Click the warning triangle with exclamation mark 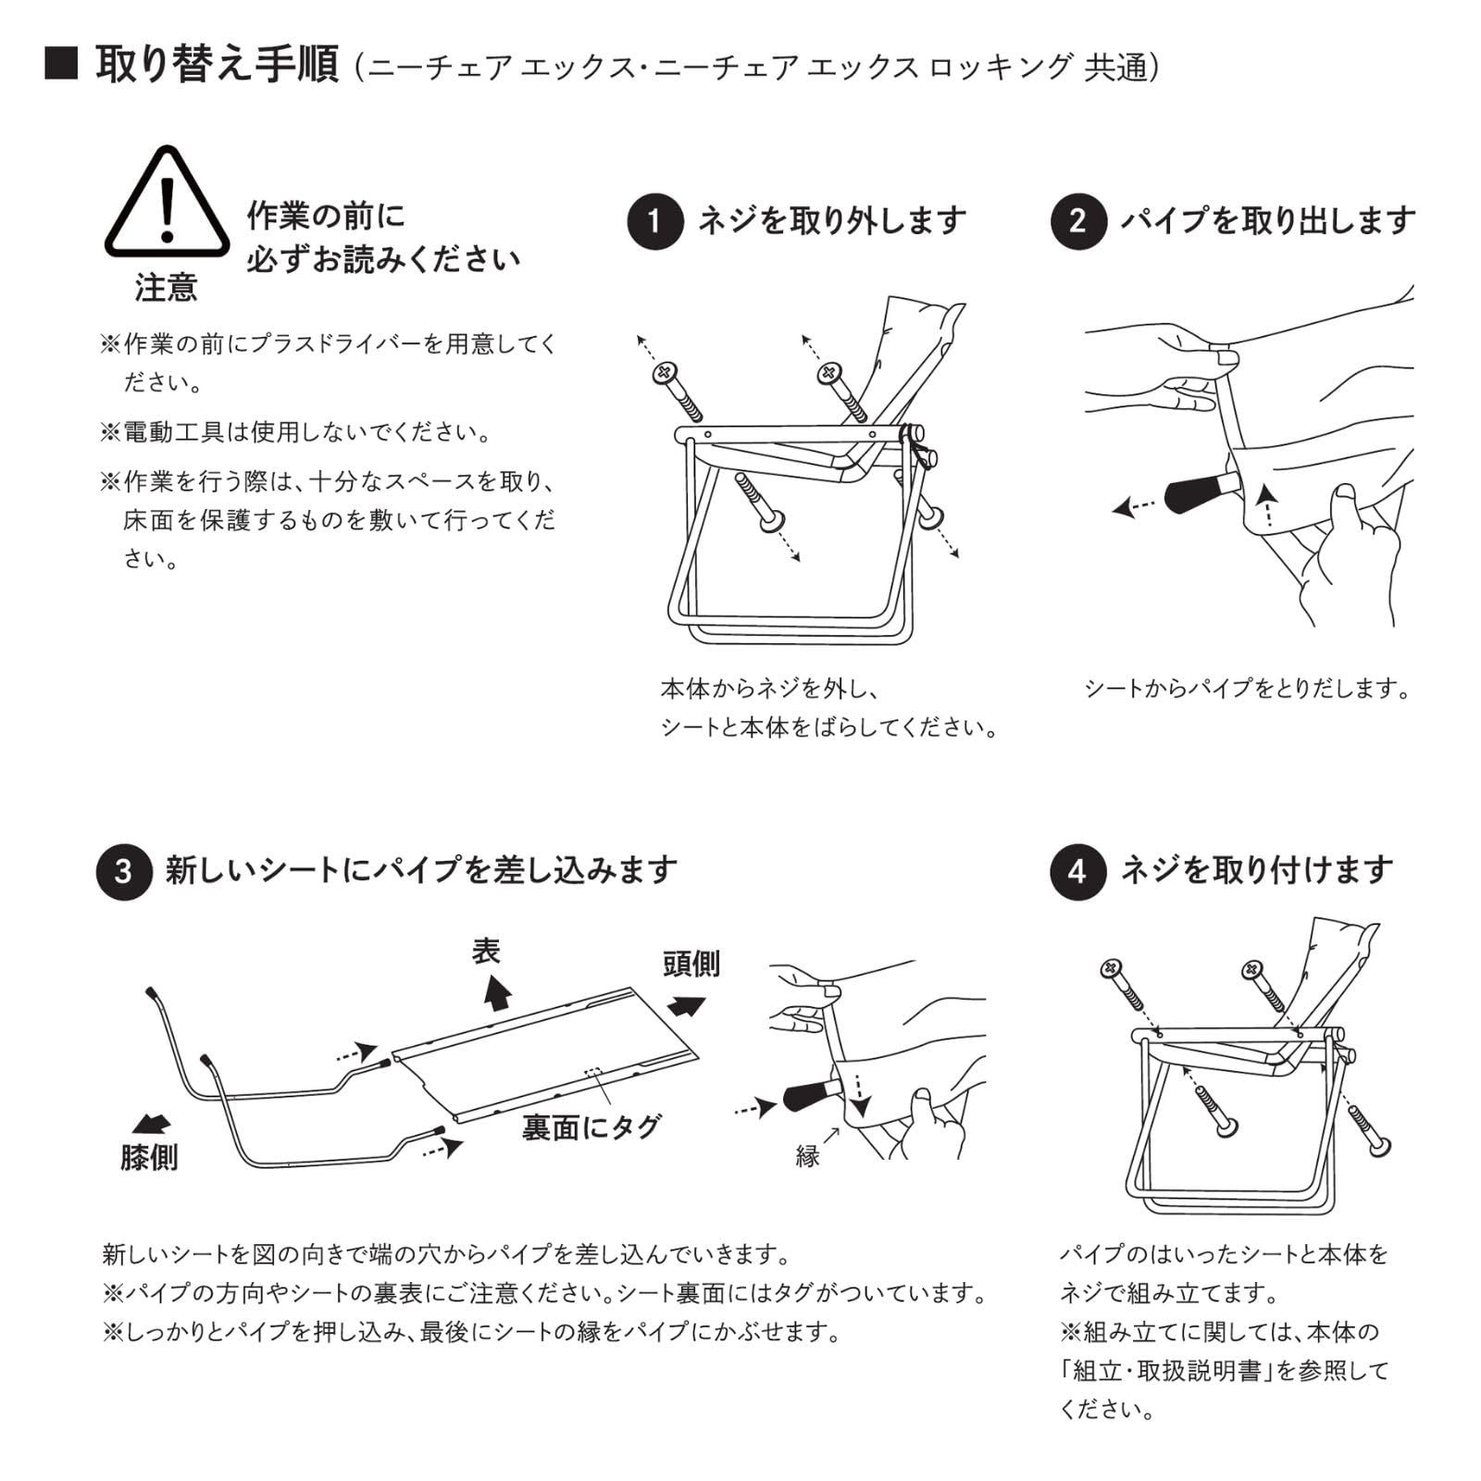(x=167, y=204)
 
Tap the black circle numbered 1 (x=655, y=222)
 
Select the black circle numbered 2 (x=1078, y=222)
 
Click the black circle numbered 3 (x=124, y=872)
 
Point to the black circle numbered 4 (x=1078, y=872)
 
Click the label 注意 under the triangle (x=167, y=288)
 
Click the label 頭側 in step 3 (x=691, y=965)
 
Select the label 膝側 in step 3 (x=149, y=1157)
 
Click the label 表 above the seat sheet (x=487, y=951)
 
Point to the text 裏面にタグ (x=591, y=1126)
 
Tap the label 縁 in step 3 (x=807, y=1156)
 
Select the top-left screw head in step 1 (x=665, y=373)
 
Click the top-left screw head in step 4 (x=1111, y=970)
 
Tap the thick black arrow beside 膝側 (x=152, y=1124)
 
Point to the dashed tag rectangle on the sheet (x=593, y=1073)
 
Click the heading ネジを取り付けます (x=1256, y=870)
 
